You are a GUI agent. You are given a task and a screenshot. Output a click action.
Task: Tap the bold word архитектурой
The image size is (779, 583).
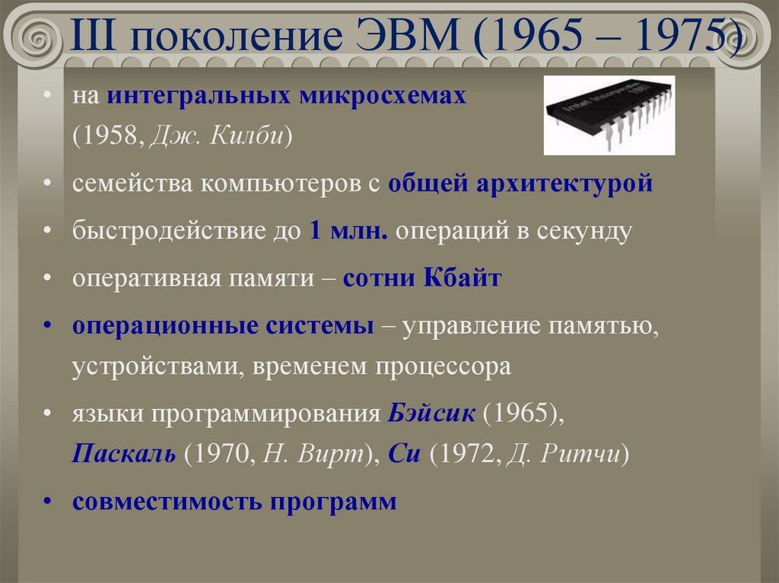click(x=564, y=184)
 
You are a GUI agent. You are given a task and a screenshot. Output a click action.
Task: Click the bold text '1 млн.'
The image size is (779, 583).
click(x=349, y=231)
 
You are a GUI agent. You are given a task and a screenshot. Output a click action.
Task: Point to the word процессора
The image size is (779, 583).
click(x=441, y=368)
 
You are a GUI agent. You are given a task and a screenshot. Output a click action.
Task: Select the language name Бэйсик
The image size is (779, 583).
click(x=432, y=415)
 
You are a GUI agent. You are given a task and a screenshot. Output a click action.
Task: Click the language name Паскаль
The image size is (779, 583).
click(x=125, y=456)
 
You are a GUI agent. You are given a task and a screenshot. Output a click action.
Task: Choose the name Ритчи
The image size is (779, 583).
click(x=580, y=456)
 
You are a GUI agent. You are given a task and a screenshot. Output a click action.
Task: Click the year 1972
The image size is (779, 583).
click(x=463, y=456)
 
